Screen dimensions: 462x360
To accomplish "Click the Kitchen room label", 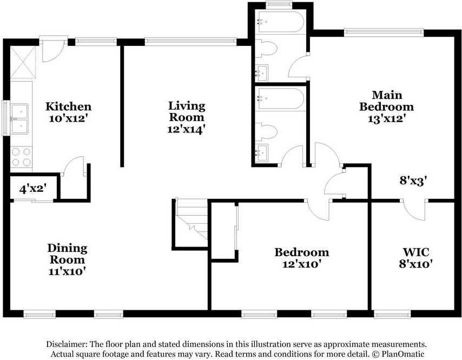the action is (x=68, y=106).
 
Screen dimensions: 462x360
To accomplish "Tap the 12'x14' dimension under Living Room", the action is (x=186, y=129).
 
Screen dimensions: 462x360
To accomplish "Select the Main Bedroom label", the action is (x=387, y=101).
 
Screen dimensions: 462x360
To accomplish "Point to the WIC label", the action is (x=416, y=252).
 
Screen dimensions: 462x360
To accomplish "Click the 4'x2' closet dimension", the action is (x=33, y=189).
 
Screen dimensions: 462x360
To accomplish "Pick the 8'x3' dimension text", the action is (x=413, y=180).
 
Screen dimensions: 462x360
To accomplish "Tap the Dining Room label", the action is (x=67, y=254).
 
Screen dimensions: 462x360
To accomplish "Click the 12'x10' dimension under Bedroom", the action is (x=302, y=264).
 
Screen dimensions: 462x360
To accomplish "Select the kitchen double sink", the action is (x=19, y=118).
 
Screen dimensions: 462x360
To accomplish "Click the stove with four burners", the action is (x=21, y=157).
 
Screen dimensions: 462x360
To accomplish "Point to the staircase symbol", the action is (x=192, y=219).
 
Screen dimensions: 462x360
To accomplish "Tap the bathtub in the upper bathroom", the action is (x=280, y=22).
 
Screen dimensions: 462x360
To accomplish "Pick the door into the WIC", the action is (x=414, y=210).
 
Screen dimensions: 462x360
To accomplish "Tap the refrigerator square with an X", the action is (x=23, y=62).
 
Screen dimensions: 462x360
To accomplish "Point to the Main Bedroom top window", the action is (x=384, y=32).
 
